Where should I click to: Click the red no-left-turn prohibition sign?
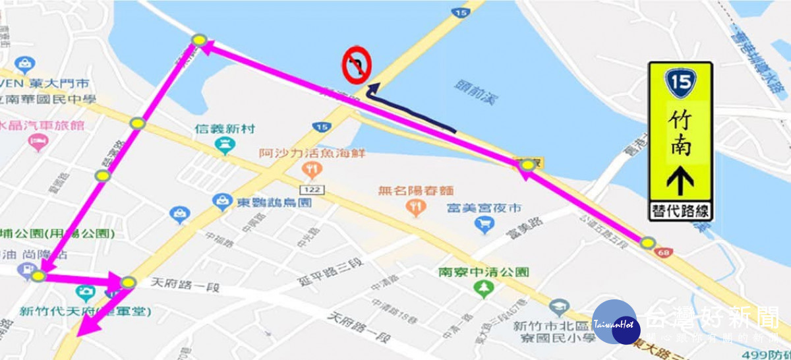[x=356, y=66]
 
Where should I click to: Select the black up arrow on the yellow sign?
[x=680, y=181]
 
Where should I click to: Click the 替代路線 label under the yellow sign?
[x=680, y=211]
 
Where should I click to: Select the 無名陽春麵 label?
[x=415, y=191]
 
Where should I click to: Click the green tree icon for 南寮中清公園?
[x=485, y=288]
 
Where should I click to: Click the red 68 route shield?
[x=669, y=253]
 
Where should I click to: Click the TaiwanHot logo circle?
[x=614, y=322]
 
